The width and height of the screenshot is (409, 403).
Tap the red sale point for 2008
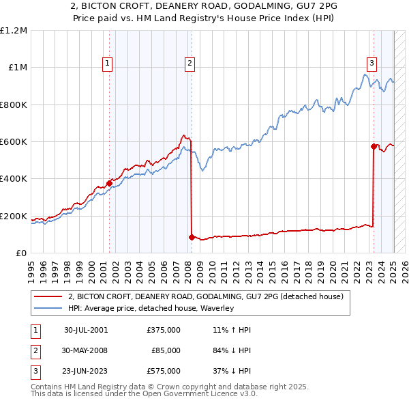click(192, 237)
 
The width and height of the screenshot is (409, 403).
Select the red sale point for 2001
click(109, 183)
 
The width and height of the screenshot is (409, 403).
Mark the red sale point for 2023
click(374, 146)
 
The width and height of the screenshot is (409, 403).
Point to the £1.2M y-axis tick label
click(14, 31)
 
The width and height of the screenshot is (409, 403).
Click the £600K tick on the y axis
click(14, 142)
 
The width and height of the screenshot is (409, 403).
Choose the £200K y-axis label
click(14, 217)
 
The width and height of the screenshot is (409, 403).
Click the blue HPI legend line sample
click(48, 308)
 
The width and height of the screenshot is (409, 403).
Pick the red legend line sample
click(48, 296)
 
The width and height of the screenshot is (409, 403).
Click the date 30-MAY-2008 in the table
click(85, 350)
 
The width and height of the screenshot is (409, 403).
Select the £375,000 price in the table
click(164, 330)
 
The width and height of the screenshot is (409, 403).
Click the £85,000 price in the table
click(166, 350)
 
